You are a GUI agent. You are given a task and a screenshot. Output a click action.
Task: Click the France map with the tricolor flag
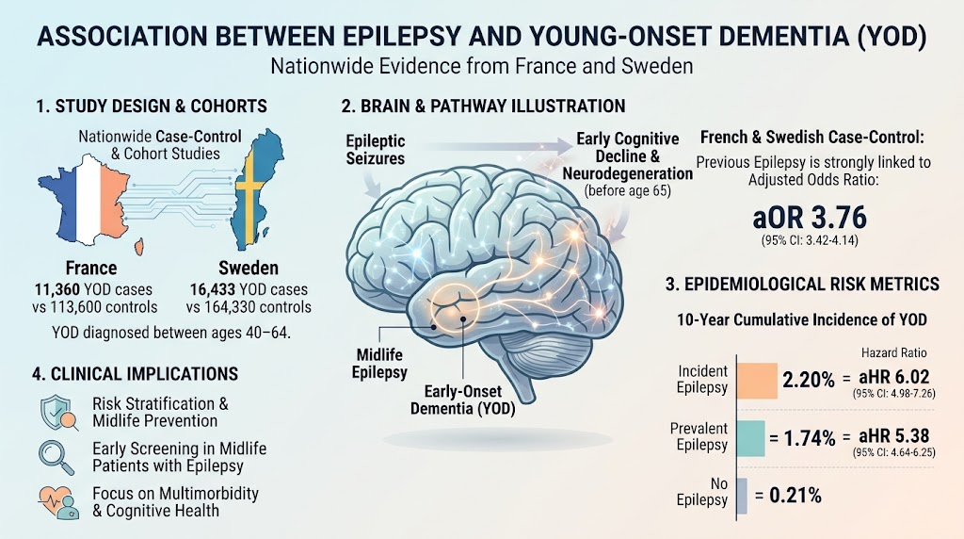click(x=91, y=200)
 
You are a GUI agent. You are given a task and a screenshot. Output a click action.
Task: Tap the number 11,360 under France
click(x=56, y=290)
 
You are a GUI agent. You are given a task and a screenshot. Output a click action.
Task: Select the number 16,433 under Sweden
click(x=212, y=290)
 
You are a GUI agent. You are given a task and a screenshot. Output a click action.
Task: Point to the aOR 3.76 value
click(x=810, y=218)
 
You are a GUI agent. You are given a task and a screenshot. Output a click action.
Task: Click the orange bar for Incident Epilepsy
click(x=757, y=381)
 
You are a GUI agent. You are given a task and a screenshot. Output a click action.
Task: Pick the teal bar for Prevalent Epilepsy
click(x=750, y=439)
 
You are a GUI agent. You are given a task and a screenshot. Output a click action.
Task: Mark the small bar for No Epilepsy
click(x=742, y=496)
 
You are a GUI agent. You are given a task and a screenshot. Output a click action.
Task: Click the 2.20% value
click(x=809, y=380)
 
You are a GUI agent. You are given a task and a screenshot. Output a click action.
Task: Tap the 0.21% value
click(x=795, y=496)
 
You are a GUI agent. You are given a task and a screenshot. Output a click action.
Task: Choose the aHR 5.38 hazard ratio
click(x=894, y=435)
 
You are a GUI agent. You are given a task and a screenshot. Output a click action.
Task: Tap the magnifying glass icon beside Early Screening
click(x=56, y=457)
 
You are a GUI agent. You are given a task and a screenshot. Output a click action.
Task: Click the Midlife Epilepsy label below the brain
click(x=379, y=364)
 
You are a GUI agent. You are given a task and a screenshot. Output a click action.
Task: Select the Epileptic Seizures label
click(x=375, y=150)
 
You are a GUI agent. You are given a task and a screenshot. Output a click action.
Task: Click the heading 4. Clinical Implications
click(x=136, y=374)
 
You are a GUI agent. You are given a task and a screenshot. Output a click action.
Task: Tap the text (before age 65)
click(x=628, y=190)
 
